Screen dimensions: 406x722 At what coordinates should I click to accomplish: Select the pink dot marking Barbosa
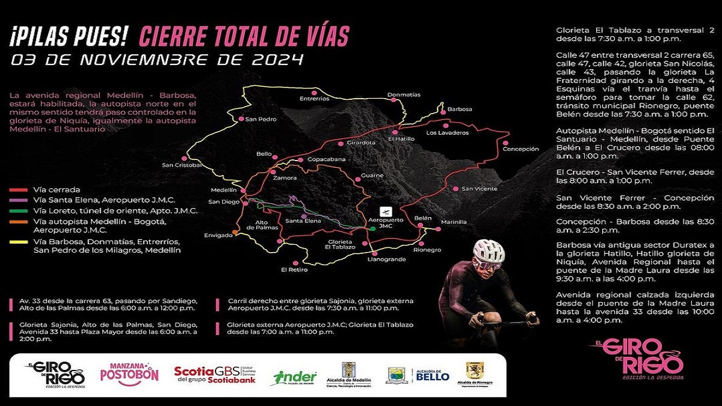tap(443, 111)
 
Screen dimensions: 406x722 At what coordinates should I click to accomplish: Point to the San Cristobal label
tap(181, 165)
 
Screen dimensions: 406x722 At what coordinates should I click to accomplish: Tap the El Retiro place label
tap(294, 269)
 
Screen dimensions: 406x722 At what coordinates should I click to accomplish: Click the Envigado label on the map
tap(218, 235)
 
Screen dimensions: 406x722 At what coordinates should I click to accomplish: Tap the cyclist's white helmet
tap(488, 250)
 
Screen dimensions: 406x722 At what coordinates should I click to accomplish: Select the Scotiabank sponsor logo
tap(215, 375)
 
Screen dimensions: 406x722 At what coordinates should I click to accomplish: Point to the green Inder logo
tap(295, 377)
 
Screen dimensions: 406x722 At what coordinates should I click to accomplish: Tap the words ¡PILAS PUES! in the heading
tap(69, 37)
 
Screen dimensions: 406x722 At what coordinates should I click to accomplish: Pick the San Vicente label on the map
tap(479, 189)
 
